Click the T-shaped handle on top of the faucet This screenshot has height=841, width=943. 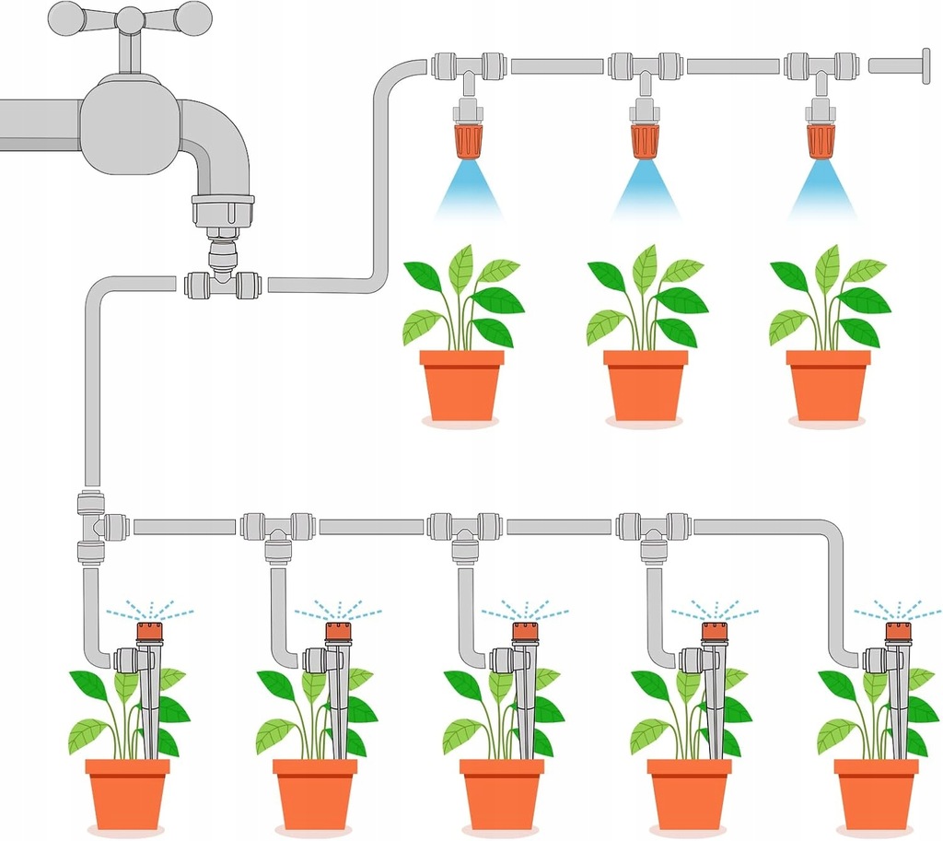pos(130,18)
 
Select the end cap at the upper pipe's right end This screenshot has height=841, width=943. pos(924,65)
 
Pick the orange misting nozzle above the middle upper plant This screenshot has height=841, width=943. pos(645,141)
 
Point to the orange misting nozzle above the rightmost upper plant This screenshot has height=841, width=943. pos(820,141)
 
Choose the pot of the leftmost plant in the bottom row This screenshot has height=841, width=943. pos(127,792)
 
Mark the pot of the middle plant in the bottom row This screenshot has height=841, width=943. pos(502,792)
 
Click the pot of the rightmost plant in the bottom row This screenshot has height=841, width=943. pos(876,792)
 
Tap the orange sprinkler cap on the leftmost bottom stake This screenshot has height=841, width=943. pos(149,632)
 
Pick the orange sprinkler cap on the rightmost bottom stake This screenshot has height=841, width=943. pos(898,632)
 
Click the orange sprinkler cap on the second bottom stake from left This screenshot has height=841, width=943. pos(338,632)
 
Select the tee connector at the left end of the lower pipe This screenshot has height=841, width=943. pos(93,527)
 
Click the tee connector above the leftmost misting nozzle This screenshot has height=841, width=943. pos(469,68)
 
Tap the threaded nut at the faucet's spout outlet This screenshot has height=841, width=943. pos(222,211)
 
